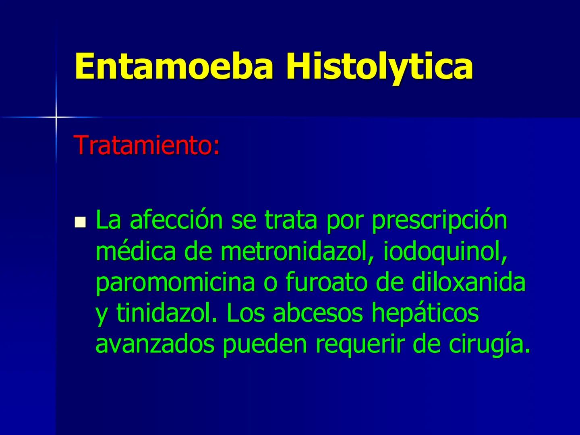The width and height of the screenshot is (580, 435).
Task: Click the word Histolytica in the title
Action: [x=379, y=66]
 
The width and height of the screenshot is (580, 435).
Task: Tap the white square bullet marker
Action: [x=81, y=221]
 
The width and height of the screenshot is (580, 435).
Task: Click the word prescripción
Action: [x=439, y=221]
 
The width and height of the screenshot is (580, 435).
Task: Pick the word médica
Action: [x=136, y=252]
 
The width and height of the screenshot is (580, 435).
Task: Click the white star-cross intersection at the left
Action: [x=56, y=117]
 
